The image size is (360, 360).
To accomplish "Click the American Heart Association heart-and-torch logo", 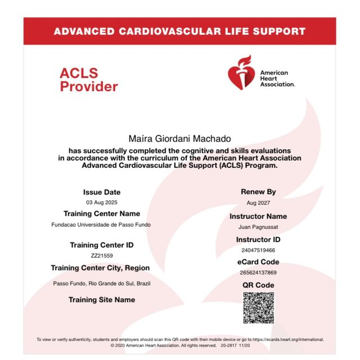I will (240, 73).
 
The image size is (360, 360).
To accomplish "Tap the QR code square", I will (258, 308).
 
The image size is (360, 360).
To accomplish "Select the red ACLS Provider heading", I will (88, 80).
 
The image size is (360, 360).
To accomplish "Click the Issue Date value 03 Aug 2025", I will (102, 202).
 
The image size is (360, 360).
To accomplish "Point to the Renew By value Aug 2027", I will (258, 202).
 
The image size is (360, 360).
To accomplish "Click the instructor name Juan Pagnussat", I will (258, 227).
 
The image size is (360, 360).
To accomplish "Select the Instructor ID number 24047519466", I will (258, 250).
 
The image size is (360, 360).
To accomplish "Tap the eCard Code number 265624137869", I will (258, 272).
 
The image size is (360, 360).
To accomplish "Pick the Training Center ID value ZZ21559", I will (102, 255).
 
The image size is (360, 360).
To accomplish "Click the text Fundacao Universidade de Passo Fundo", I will (102, 224).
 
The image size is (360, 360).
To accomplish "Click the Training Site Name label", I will (102, 300).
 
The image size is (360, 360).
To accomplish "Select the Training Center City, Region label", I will (100, 268).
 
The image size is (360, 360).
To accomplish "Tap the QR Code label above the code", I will (258, 285).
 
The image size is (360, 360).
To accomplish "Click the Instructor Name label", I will (258, 217).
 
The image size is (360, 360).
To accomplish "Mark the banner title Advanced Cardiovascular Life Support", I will (179, 31).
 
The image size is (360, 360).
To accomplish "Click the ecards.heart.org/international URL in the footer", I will (287, 340).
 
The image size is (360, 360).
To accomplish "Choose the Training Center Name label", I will (102, 214).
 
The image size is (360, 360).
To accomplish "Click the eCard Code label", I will (258, 262).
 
